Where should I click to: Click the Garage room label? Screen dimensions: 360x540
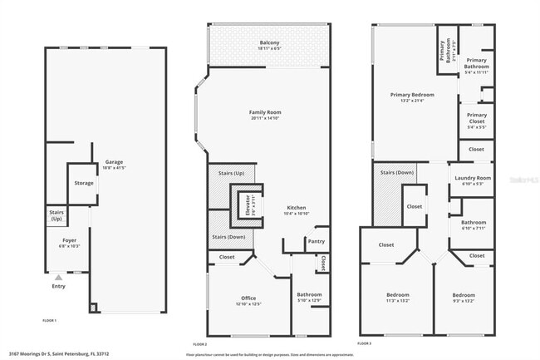(114, 162)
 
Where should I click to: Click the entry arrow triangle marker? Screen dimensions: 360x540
(58, 277)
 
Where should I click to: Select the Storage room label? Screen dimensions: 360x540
(84, 183)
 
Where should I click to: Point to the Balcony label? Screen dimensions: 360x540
(268, 42)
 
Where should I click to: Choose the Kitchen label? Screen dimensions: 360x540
(297, 208)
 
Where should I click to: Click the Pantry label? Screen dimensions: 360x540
(316, 241)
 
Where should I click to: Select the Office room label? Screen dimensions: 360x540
(248, 298)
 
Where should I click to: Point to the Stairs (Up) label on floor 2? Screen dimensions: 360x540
(230, 172)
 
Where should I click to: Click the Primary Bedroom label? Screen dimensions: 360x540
(413, 95)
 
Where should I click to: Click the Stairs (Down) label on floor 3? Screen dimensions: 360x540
(397, 172)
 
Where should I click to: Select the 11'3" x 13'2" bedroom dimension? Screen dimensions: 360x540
(398, 302)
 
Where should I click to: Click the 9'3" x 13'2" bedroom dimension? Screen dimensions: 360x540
(464, 302)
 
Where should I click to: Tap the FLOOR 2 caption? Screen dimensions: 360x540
(200, 343)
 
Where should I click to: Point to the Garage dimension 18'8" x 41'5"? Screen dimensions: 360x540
(114, 168)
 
